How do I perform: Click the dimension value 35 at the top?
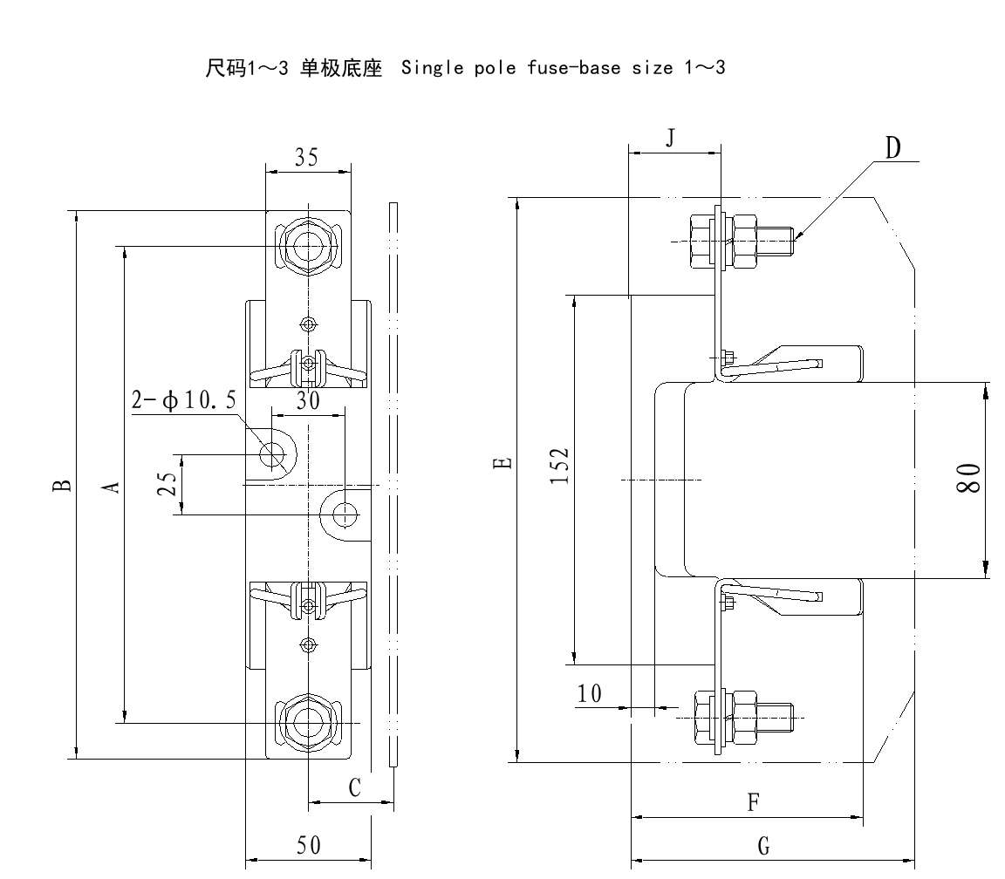click(x=306, y=157)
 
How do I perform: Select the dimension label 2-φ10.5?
click(x=183, y=400)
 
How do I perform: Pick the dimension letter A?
click(x=111, y=486)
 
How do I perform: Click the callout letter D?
click(x=893, y=148)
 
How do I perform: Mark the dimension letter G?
click(x=764, y=846)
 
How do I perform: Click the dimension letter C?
click(x=354, y=788)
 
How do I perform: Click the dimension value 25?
click(x=173, y=483)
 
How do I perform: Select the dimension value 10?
click(x=590, y=693)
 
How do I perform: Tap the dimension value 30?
click(x=307, y=400)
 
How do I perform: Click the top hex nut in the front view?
click(x=306, y=247)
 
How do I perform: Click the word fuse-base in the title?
click(x=545, y=68)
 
